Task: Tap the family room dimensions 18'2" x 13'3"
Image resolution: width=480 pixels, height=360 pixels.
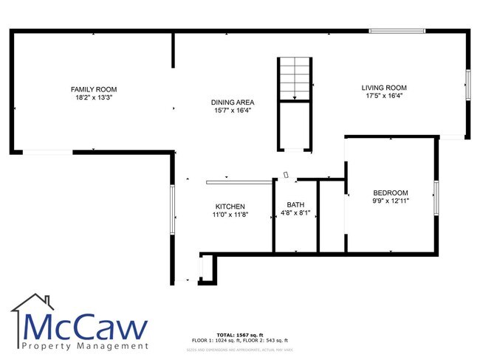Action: [x=94, y=97]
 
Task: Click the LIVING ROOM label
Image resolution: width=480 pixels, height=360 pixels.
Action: [x=384, y=89]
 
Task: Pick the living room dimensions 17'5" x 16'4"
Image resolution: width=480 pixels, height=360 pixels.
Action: [x=384, y=97]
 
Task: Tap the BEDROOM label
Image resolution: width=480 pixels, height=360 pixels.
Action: [x=391, y=193]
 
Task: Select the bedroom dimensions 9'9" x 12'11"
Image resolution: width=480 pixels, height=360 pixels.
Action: [x=391, y=201]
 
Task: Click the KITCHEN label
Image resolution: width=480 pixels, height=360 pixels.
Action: [x=230, y=207]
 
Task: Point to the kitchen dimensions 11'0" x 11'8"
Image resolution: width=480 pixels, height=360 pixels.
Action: [x=230, y=215]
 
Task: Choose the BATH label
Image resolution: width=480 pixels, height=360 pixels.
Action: [x=295, y=205]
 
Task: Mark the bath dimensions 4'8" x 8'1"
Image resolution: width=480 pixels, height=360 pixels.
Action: [x=295, y=213]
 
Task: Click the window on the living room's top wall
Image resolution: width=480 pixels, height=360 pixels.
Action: [x=397, y=31]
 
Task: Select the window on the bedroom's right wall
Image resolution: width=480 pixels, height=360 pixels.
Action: [x=436, y=199]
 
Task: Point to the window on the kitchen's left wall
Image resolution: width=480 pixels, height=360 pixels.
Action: [x=173, y=210]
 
